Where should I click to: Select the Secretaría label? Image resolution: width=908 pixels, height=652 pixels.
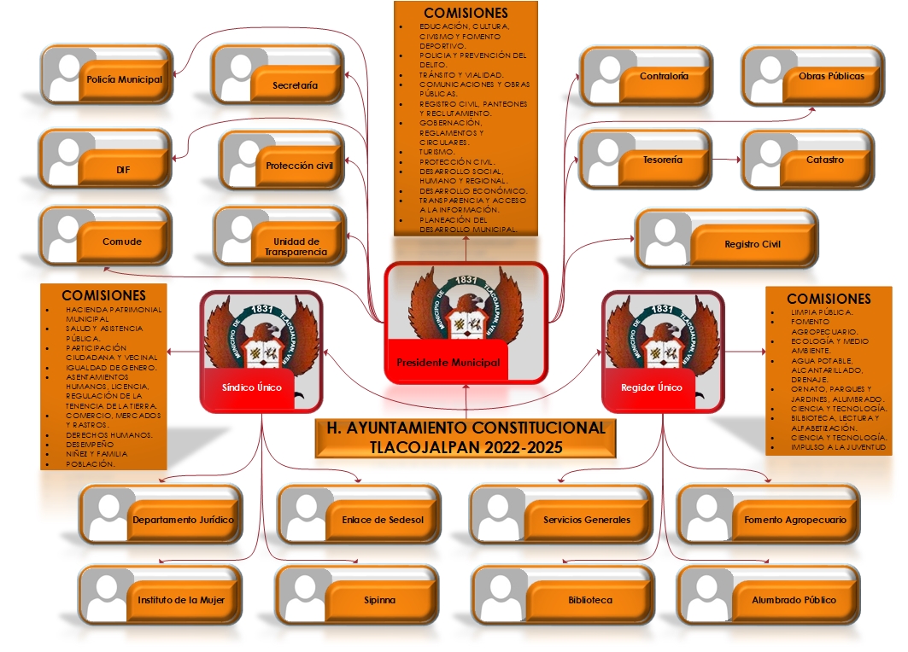(296, 85)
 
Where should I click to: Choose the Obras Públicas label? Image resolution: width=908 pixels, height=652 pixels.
(831, 76)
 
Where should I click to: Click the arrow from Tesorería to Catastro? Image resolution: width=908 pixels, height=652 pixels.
(724, 160)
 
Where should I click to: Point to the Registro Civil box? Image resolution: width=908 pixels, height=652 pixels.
(726, 244)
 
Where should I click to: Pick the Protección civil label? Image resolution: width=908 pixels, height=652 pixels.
(299, 166)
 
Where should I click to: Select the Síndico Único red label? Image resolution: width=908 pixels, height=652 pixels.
(252, 387)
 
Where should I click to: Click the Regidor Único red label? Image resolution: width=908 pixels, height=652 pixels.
(652, 387)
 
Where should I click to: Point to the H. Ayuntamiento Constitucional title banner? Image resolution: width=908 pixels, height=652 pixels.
(466, 437)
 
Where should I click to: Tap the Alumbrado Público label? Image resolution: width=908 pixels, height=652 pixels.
(794, 600)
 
